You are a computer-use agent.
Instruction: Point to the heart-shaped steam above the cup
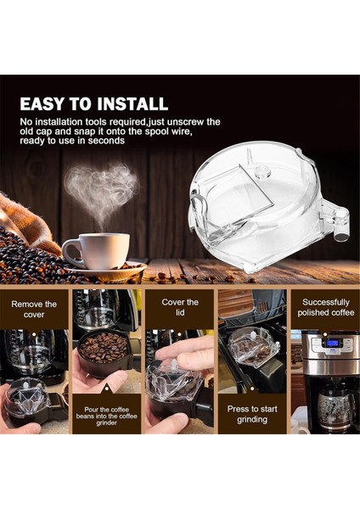101,187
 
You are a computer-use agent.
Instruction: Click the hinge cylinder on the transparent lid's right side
340,224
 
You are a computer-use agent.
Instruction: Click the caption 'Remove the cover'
34,309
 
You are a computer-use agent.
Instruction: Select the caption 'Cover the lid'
179,307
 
